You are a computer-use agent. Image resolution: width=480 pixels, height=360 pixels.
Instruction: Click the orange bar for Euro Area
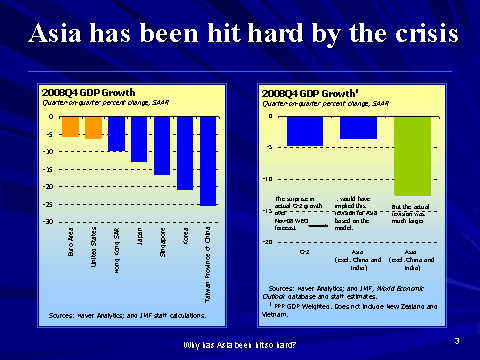point(70,127)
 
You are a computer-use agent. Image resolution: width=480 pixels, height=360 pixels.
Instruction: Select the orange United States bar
point(93,128)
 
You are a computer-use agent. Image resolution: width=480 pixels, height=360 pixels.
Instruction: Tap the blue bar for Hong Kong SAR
point(116,133)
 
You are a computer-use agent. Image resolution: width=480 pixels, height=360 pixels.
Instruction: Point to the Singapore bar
point(162,146)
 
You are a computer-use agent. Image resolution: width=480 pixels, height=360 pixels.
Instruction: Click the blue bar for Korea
point(184,153)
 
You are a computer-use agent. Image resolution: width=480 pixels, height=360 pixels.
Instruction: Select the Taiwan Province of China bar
point(207,161)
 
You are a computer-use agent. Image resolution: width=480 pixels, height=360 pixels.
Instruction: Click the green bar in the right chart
point(413,155)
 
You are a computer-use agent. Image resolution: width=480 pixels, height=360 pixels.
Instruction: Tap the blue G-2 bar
point(304,131)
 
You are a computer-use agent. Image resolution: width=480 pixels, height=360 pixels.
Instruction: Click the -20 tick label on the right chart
point(265,242)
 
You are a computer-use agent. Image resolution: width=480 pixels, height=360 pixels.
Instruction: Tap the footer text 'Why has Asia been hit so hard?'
point(240,345)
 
